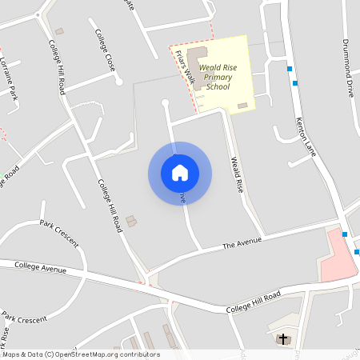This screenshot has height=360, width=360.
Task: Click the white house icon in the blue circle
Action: (180, 173)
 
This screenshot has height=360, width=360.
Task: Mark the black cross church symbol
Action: (282, 339)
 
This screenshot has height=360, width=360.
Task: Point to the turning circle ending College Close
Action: (118, 81)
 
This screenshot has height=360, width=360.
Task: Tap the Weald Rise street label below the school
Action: (237, 174)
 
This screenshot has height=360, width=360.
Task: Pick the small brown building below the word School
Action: (242, 106)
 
